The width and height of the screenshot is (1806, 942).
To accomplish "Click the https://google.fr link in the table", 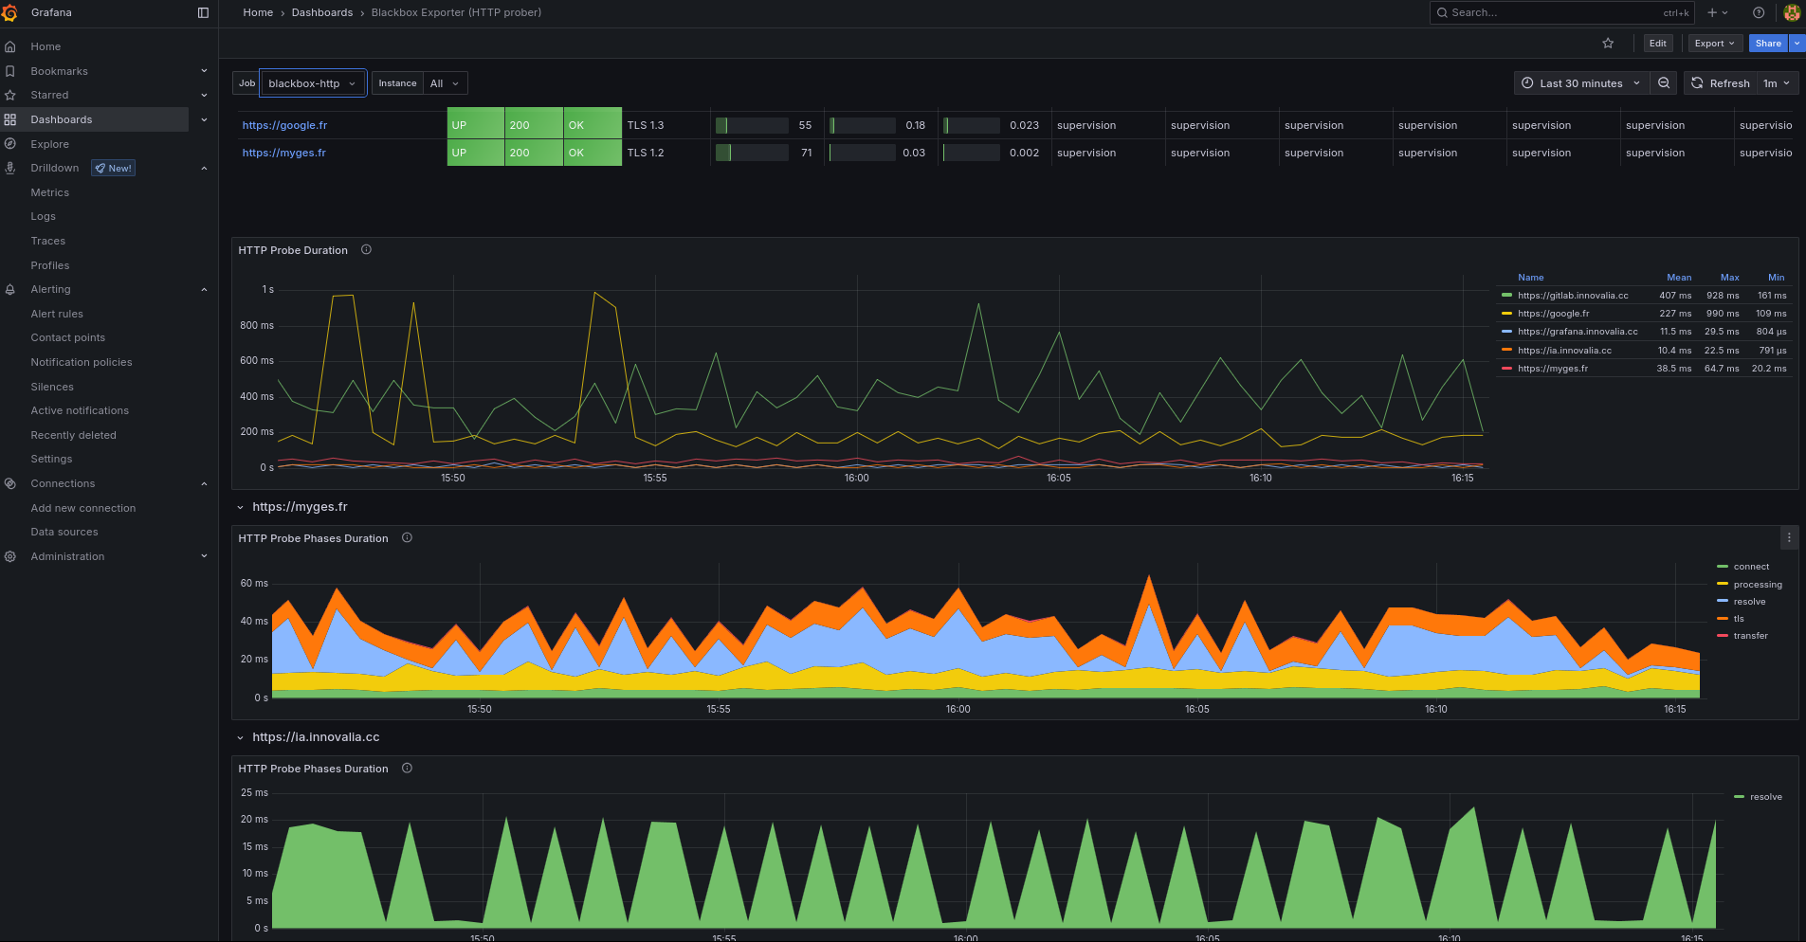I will pyautogui.click(x=284, y=125).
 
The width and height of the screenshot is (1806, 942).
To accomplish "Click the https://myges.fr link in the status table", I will pyautogui.click(x=283, y=153).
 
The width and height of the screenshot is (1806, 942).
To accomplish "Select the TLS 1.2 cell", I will pyautogui.click(x=646, y=153).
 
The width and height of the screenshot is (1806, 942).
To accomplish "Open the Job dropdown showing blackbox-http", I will pyautogui.click(x=313, y=83).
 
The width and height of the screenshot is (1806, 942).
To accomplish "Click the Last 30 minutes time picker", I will pyautogui.click(x=1580, y=83).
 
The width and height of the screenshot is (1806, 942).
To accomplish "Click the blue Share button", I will pyautogui.click(x=1767, y=44).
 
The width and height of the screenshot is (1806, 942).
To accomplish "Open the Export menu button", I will pyautogui.click(x=1714, y=44).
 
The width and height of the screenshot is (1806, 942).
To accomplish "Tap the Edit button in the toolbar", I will pyautogui.click(x=1657, y=44).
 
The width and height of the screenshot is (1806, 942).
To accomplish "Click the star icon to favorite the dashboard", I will pyautogui.click(x=1608, y=44).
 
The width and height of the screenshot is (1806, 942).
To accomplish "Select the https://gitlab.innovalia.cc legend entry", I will pyautogui.click(x=1572, y=296).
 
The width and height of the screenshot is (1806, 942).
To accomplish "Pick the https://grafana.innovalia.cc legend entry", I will pyautogui.click(x=1577, y=332).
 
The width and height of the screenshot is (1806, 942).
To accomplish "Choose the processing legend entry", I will pyautogui.click(x=1757, y=585).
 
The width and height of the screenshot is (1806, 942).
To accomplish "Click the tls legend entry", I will pyautogui.click(x=1739, y=619).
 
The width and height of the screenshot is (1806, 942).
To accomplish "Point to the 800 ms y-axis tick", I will pyautogui.click(x=256, y=325).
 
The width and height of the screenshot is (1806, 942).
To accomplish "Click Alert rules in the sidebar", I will pyautogui.click(x=57, y=314).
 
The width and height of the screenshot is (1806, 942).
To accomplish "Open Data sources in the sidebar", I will pyautogui.click(x=64, y=533).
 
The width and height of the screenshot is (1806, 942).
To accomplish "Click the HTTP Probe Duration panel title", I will pyautogui.click(x=293, y=250).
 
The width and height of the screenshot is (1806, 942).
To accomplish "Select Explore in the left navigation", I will pyautogui.click(x=49, y=144).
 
